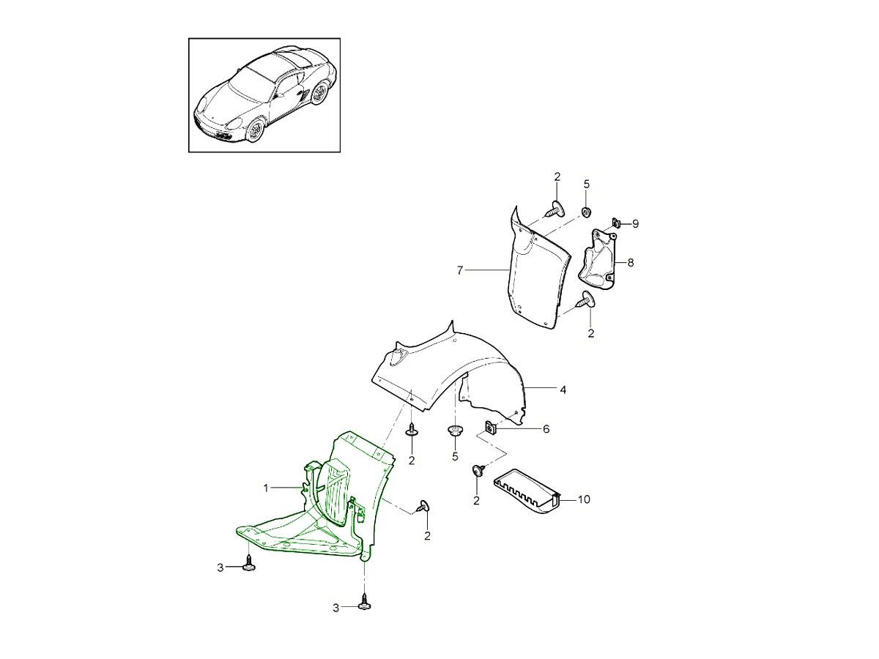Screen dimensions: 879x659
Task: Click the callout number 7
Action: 460,271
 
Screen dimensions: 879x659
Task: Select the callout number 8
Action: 631,263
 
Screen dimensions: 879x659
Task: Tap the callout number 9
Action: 636,224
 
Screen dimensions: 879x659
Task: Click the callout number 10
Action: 584,499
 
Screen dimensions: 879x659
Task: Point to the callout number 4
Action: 563,390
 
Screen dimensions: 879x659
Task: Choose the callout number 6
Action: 546,429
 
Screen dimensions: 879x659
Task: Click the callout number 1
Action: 266,488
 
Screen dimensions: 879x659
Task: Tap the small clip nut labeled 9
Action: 615,222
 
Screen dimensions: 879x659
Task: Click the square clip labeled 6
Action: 490,428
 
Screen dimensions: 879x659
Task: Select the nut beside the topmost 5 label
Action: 587,212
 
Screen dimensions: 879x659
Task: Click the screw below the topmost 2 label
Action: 556,209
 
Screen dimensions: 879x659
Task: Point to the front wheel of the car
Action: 255,130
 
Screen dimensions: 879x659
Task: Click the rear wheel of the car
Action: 319,93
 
